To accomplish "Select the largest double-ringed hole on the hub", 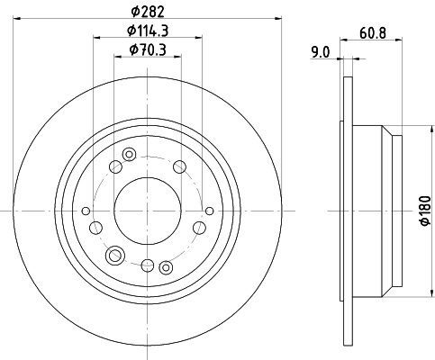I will click(x=115, y=256).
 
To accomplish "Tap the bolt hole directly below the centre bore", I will click(x=147, y=264).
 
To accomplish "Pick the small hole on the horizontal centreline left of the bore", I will click(x=86, y=211).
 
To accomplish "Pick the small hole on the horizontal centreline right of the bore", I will click(x=208, y=211).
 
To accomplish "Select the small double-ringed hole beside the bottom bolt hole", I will click(x=166, y=267).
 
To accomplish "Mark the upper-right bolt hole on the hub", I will click(x=179, y=165).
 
